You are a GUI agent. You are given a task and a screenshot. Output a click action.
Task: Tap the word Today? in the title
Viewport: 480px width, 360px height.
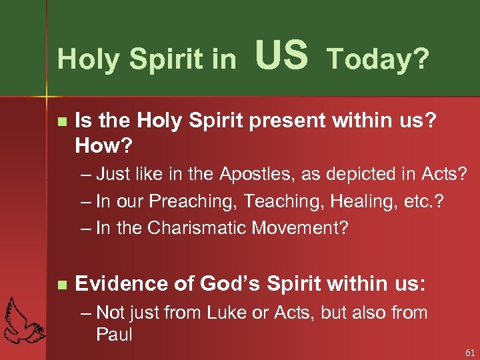coord(377,59)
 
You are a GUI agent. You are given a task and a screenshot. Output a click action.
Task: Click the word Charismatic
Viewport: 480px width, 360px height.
coord(199,228)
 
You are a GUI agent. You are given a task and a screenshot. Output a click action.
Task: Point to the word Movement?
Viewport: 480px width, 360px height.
coord(300,228)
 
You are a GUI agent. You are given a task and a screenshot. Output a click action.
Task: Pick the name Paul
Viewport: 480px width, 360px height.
coord(115,334)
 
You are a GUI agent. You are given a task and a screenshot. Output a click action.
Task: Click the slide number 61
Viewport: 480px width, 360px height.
coord(469,352)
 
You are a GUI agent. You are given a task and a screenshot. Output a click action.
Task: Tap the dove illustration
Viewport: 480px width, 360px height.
coord(23,319)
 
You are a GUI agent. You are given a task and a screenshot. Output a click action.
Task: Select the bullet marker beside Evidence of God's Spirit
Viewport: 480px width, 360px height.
coord(62,285)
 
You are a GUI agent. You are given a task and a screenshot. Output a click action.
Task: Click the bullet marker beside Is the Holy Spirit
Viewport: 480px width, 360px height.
coord(62,121)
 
